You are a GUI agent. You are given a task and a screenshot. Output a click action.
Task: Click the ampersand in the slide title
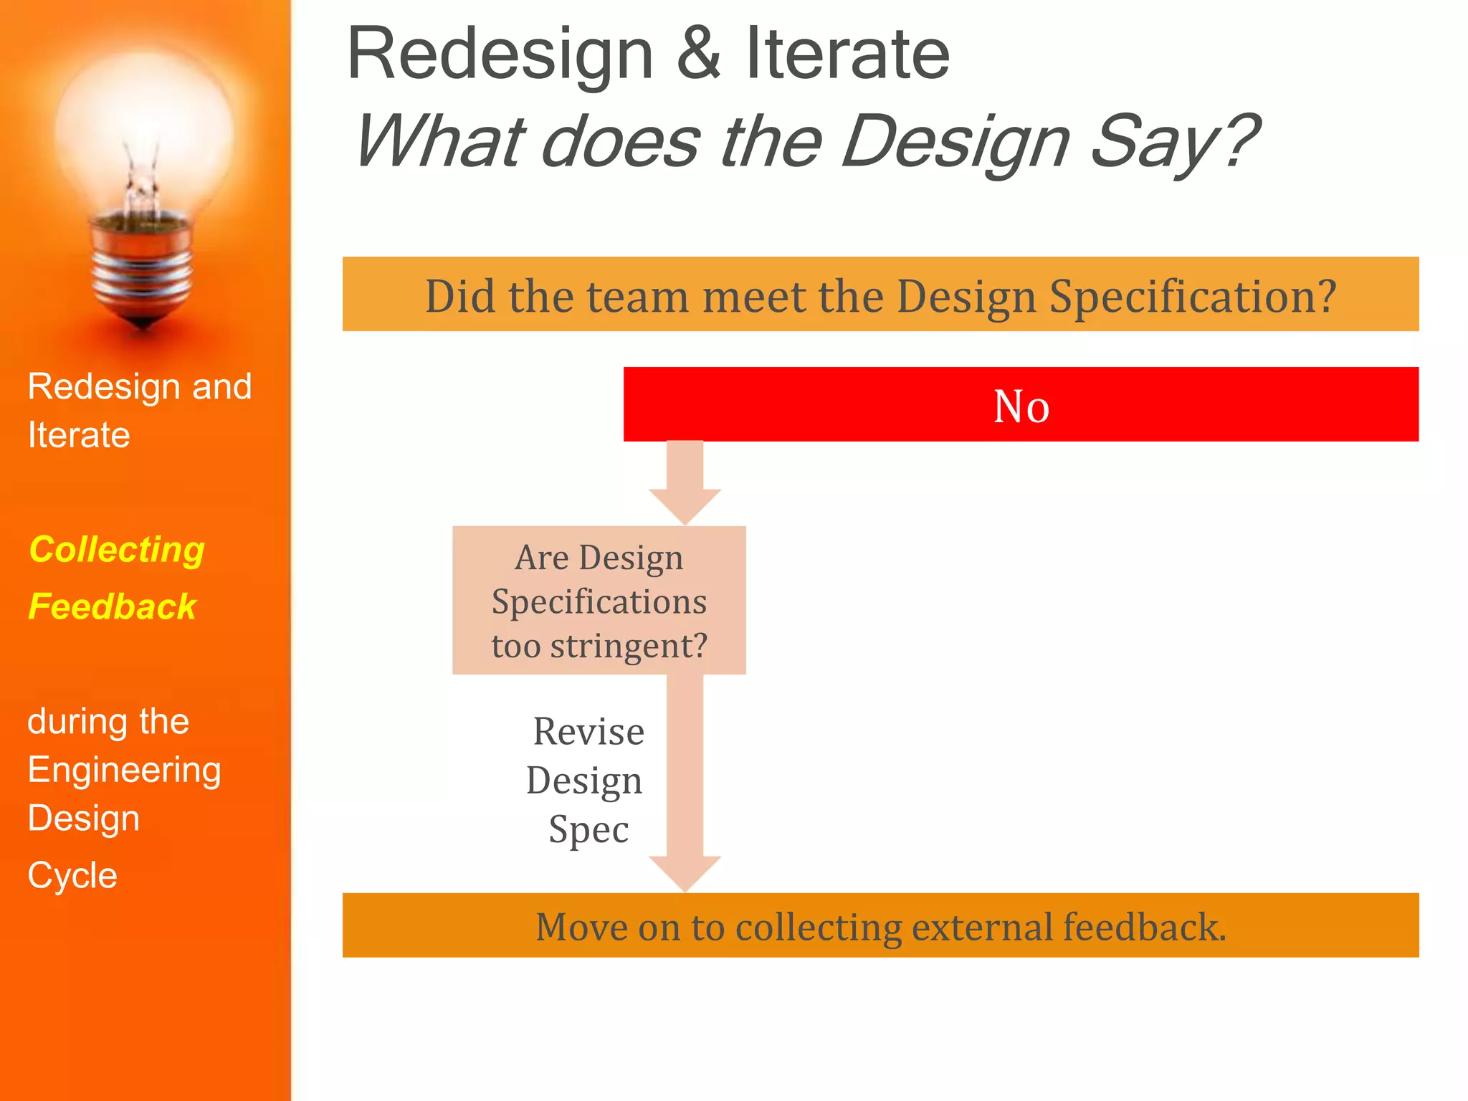699,54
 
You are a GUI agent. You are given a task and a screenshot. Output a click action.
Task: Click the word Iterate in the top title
847,54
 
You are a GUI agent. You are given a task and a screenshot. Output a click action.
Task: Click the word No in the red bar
1021,406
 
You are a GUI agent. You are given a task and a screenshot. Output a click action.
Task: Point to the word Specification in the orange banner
1193,296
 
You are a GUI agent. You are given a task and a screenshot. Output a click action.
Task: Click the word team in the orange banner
637,296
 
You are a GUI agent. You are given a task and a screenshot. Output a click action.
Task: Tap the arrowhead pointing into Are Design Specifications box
685,506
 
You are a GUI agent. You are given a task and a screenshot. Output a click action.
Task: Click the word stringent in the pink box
628,646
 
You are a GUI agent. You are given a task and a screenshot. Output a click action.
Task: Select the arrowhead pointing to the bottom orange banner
685,872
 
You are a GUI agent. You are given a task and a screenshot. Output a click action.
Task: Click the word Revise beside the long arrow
588,732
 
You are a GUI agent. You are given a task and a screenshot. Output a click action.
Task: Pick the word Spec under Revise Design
588,829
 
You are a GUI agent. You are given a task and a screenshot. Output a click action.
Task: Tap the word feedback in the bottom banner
1144,927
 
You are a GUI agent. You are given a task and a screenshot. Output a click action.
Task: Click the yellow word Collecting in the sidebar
117,550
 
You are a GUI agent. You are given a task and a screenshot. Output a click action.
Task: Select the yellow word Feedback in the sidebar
112,607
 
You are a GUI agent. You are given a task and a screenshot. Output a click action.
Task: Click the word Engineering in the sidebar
124,771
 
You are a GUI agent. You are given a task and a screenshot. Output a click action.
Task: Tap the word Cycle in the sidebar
72,875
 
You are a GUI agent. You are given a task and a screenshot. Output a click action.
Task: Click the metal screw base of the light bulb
143,272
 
